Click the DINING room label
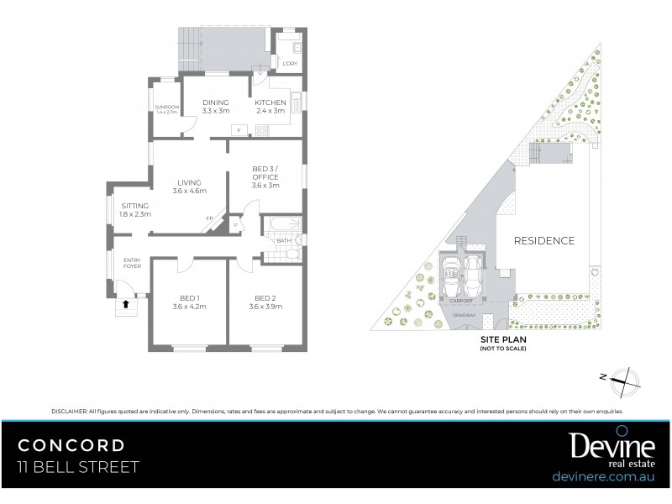(216, 107)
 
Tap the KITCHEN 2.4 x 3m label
(270, 107)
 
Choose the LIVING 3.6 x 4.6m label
(188, 186)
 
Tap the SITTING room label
(135, 210)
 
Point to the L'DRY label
(289, 64)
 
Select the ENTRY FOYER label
(133, 263)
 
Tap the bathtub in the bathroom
(281, 225)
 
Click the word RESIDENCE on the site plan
(545, 241)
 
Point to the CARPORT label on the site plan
(461, 301)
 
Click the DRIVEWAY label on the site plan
(465, 315)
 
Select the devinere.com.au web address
(601, 476)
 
